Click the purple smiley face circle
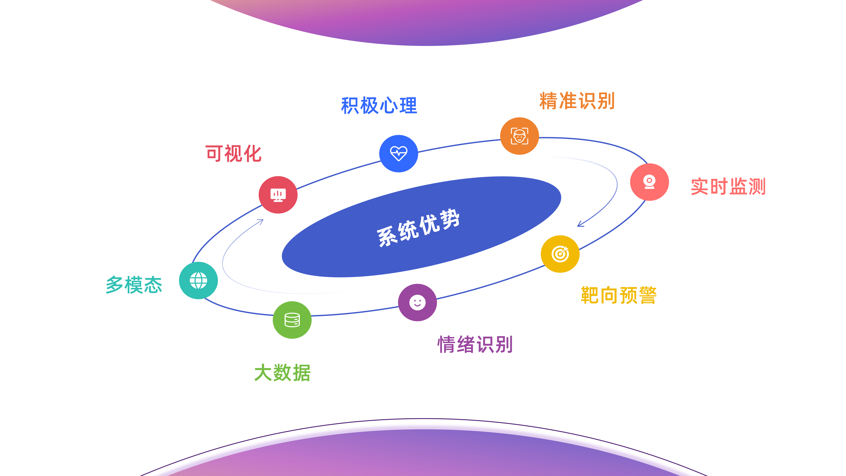pyautogui.click(x=417, y=302)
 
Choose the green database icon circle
pyautogui.click(x=292, y=320)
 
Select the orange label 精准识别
pyautogui.click(x=577, y=101)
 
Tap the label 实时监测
pyautogui.click(x=728, y=187)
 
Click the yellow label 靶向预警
pyautogui.click(x=619, y=295)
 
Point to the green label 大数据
pyautogui.click(x=282, y=373)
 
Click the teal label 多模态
pyautogui.click(x=134, y=284)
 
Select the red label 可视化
pyautogui.click(x=234, y=153)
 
